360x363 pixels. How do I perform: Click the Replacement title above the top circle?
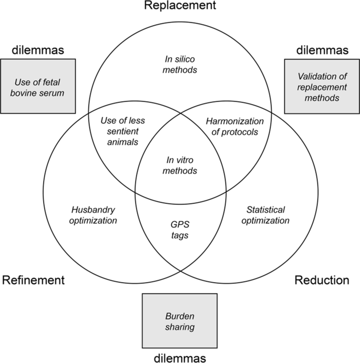point(180,6)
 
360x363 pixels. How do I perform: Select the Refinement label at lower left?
point(34,280)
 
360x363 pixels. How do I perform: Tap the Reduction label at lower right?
point(322,280)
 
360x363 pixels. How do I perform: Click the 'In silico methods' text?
point(180,64)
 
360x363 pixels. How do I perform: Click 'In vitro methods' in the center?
point(180,165)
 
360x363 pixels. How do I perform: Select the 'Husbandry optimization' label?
point(94,215)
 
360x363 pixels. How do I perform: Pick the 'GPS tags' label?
point(180,230)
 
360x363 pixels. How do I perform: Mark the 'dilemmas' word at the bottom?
point(180,357)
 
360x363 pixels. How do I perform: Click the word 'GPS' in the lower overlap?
point(180,224)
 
